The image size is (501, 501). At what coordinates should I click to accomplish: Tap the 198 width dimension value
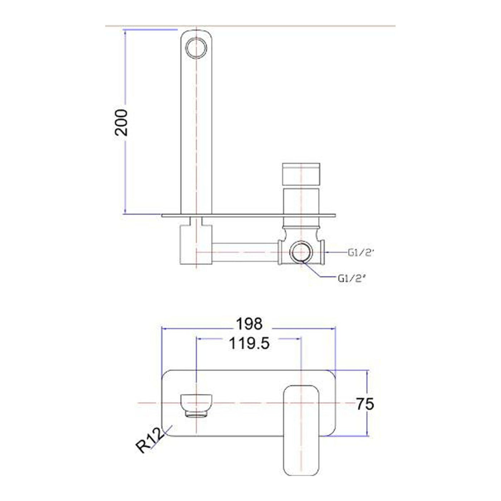click(x=249, y=324)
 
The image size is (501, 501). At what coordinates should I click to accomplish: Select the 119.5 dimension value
click(x=249, y=344)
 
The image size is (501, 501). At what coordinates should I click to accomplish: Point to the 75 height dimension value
click(x=365, y=404)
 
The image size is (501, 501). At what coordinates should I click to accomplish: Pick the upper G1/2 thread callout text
click(x=361, y=253)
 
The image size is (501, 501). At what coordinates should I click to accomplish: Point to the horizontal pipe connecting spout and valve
click(x=245, y=252)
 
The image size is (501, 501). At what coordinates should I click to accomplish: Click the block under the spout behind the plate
click(x=196, y=245)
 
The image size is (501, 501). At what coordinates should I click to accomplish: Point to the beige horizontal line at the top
click(x=286, y=26)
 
